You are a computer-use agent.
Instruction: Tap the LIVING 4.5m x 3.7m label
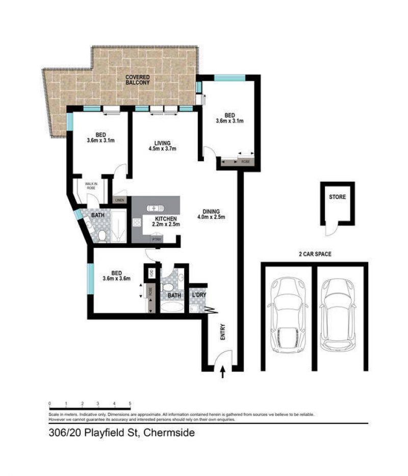(x=162, y=146)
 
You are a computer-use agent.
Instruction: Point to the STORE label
(x=337, y=197)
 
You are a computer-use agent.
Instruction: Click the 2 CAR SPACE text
(x=314, y=254)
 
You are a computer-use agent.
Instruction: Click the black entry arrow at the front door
(x=222, y=374)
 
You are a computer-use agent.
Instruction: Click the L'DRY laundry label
(x=198, y=295)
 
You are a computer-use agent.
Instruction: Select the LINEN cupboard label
(x=120, y=201)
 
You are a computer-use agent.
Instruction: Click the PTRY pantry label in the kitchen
(x=156, y=239)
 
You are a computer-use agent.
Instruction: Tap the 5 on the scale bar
(x=131, y=404)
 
